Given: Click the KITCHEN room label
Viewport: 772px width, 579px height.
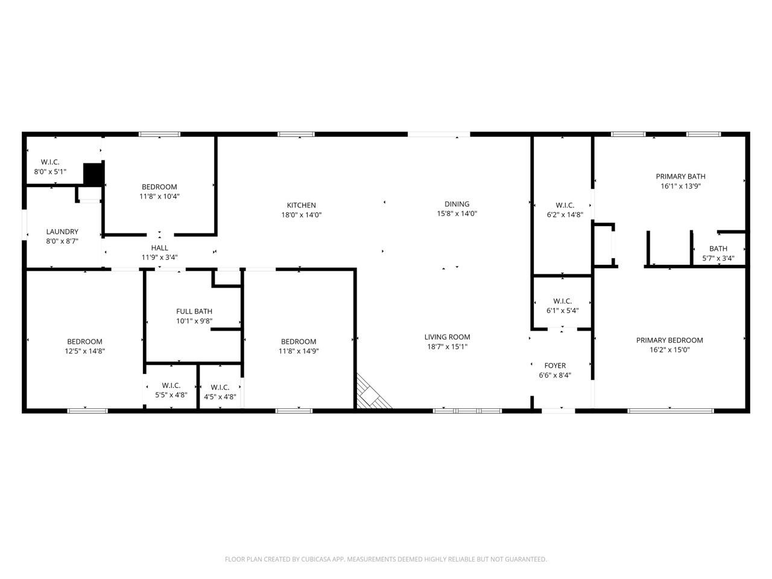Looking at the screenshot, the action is click(x=301, y=205).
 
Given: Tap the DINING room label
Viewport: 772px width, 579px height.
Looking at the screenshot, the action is click(x=457, y=204).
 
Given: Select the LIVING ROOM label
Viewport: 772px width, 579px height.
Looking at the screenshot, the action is click(x=447, y=337).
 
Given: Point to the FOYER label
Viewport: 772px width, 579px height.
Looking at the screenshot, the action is click(x=555, y=365).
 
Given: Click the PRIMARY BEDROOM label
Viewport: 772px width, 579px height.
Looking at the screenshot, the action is click(x=669, y=340).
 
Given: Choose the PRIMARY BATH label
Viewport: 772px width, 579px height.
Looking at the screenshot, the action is click(x=680, y=177).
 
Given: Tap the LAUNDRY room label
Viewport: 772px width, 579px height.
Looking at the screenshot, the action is click(x=62, y=232).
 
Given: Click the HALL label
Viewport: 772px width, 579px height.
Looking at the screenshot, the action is click(x=159, y=248).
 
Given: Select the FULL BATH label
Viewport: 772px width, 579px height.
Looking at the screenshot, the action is click(x=194, y=311).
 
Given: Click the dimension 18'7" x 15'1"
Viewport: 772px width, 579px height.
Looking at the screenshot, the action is click(x=447, y=347).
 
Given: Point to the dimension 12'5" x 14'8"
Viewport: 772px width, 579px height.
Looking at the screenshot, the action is click(x=85, y=351).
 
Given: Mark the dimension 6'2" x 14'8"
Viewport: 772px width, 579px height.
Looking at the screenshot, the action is click(x=565, y=215).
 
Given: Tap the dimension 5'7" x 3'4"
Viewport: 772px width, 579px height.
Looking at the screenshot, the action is click(x=718, y=258).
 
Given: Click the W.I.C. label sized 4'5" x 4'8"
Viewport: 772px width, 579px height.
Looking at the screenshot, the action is click(x=220, y=387).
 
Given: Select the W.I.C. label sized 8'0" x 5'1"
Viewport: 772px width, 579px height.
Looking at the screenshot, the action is click(x=50, y=162).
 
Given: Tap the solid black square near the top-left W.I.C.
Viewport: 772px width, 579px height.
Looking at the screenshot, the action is click(x=93, y=174).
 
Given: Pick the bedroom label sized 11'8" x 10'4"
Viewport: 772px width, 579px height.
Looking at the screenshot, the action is click(x=159, y=187).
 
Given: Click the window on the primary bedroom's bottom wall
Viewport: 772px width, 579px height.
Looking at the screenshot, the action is click(x=671, y=411).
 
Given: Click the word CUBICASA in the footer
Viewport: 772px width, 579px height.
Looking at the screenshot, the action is click(x=315, y=559).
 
